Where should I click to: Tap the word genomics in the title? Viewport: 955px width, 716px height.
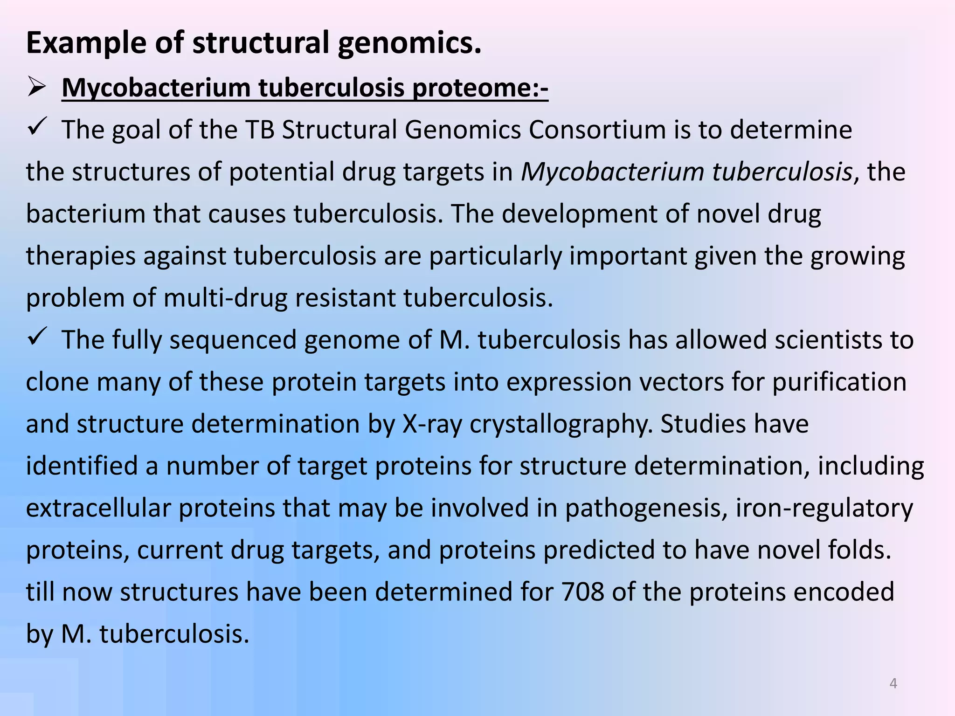(x=409, y=43)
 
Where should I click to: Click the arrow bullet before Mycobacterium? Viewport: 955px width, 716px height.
(x=36, y=87)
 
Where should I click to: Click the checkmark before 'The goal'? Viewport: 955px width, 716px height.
(x=36, y=126)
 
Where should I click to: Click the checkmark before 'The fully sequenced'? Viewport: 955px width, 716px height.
(x=36, y=336)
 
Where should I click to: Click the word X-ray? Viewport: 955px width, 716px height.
(x=432, y=424)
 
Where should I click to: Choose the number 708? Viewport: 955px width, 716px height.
(x=582, y=592)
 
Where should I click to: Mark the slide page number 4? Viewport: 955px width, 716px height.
(x=893, y=683)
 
